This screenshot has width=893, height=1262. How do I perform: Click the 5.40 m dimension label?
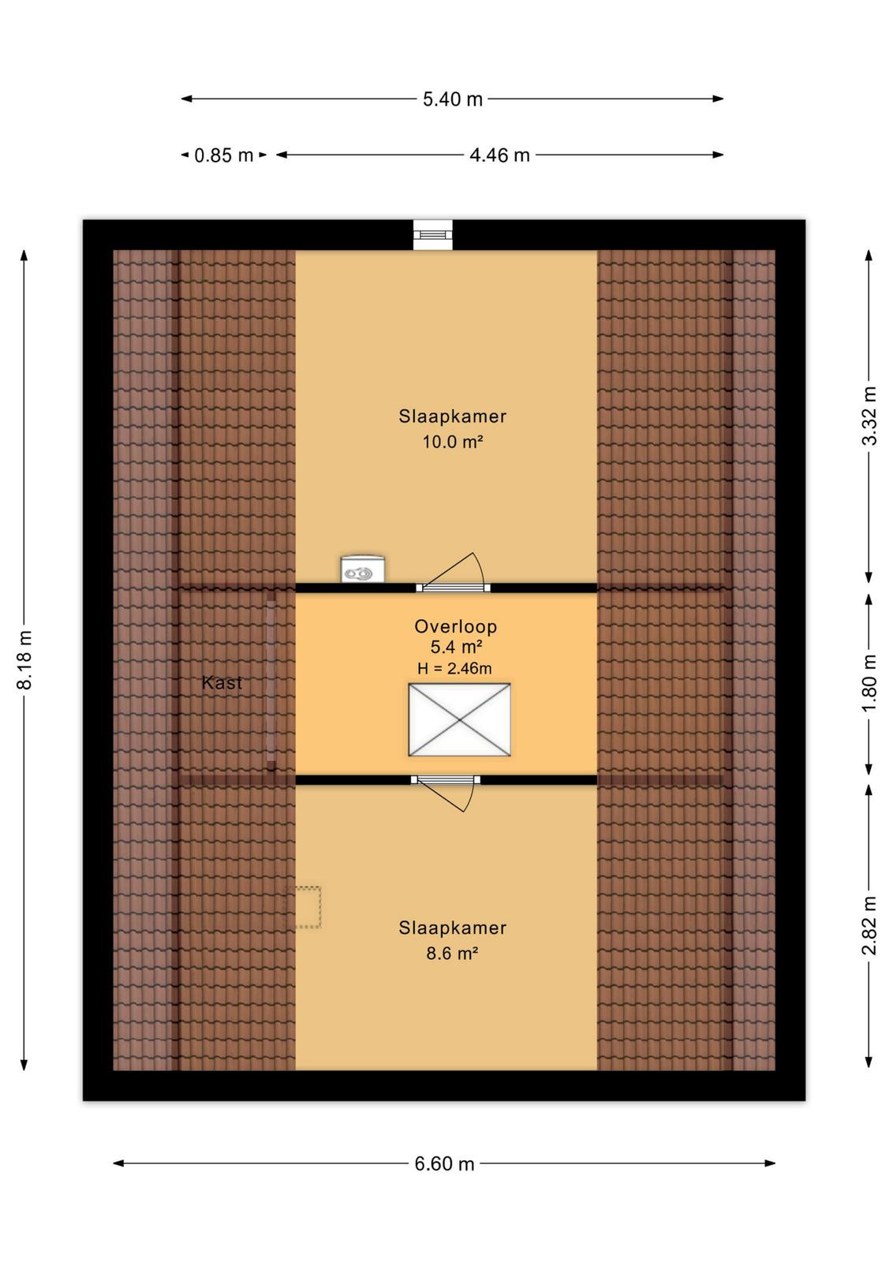452,99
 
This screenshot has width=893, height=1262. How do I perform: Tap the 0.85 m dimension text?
224,155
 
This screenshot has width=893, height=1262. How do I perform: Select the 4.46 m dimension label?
499,155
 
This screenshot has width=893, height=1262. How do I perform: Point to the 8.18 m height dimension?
24,659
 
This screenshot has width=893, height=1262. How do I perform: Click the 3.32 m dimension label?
869,416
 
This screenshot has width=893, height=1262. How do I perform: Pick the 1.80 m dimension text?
869,682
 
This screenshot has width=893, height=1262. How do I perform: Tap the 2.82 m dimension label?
869,925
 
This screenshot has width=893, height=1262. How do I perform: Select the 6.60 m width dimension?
444,1163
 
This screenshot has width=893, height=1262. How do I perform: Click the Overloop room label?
455,626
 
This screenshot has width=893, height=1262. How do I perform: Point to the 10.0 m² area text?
452,442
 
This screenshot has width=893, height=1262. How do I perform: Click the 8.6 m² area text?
452,954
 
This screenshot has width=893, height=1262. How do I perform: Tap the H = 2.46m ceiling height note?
454,669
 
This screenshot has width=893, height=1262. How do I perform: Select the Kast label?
222,683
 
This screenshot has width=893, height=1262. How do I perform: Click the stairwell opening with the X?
459,719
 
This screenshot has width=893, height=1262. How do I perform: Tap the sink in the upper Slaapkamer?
363,569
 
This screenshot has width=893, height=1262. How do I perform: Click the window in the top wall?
433,235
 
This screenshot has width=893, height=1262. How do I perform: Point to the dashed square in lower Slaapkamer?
303,907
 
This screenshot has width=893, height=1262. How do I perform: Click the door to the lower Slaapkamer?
446,793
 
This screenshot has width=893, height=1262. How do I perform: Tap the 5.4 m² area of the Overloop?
455,647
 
